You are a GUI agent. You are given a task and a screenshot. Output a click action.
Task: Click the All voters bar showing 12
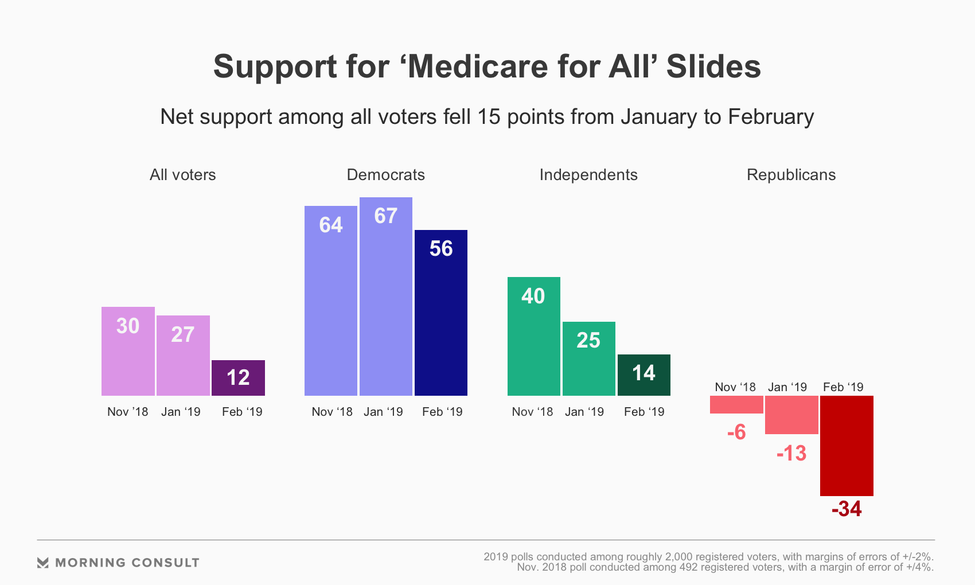[238, 378]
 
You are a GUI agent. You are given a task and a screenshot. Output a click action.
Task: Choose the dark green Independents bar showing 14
[644, 375]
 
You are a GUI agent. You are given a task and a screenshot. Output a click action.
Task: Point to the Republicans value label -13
[791, 454]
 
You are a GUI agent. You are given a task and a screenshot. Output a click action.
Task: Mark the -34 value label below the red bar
[847, 509]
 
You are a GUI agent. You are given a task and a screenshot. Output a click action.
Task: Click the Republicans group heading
[791, 175]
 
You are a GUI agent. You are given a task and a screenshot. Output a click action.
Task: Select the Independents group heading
[588, 175]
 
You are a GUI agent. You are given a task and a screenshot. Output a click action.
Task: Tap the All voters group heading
[183, 175]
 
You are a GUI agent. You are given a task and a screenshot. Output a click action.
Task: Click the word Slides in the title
[713, 67]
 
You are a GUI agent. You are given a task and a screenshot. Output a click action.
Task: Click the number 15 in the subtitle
[489, 117]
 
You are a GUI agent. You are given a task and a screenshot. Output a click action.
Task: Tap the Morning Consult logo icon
[43, 563]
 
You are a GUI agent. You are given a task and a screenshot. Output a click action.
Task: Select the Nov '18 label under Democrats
[332, 412]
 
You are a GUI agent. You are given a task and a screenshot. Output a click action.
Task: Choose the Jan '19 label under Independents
[584, 412]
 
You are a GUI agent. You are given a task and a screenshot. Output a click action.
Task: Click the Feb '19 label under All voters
[242, 412]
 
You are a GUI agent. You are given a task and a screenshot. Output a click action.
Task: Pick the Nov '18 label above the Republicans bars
[735, 387]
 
